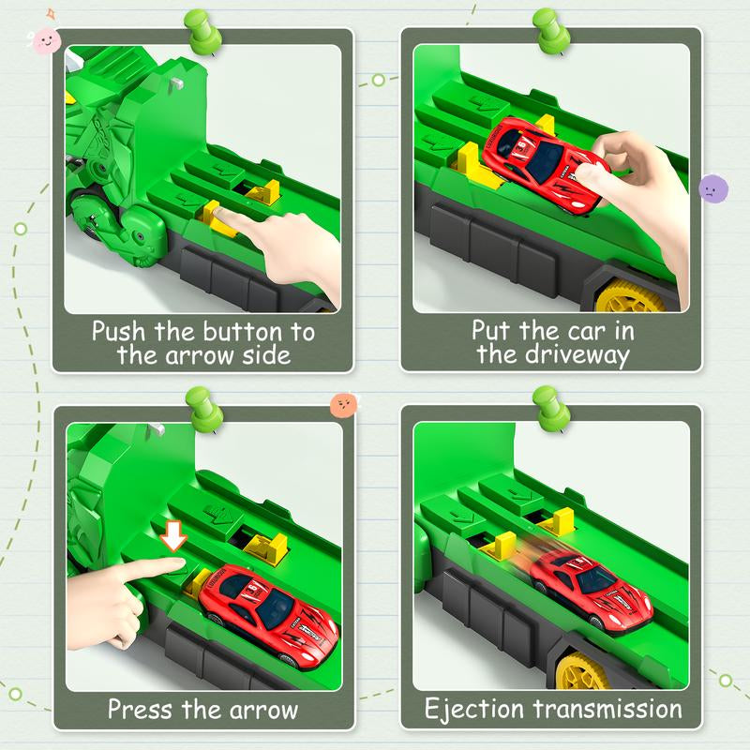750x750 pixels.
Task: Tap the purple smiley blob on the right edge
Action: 713,188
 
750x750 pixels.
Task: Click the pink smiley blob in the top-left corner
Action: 42,38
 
